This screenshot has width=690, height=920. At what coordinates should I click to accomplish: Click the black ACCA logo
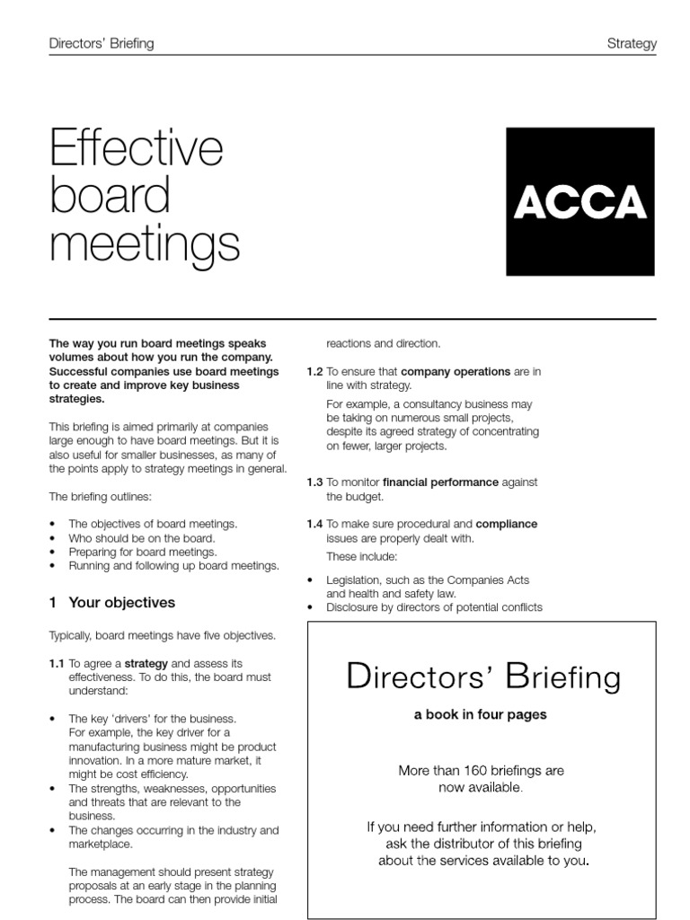coord(580,201)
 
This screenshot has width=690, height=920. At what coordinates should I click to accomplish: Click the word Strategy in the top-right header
coord(632,43)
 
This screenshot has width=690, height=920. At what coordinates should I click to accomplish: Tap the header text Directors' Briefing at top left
coord(101,43)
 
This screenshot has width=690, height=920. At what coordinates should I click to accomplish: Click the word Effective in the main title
coord(136,148)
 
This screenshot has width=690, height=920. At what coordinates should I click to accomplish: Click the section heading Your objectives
coord(121,603)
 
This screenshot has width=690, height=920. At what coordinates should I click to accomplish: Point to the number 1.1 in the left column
coord(57,663)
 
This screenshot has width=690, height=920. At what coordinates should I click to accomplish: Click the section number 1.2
coord(314,371)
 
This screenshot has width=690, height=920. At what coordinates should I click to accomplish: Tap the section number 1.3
coord(314,482)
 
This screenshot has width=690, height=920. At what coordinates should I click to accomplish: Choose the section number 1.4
coord(314,524)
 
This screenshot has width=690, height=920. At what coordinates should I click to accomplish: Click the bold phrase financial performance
coord(440,482)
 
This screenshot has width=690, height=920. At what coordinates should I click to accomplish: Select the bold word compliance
coord(506,524)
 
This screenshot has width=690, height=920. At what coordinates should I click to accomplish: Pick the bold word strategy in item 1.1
coord(146,663)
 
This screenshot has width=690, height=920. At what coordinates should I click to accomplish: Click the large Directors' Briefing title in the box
coord(482,677)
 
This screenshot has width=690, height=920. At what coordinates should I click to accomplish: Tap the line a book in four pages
coord(480,715)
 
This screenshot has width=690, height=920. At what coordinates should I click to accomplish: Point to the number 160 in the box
coord(476,771)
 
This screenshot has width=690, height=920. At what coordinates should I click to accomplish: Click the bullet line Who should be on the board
coord(142,538)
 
